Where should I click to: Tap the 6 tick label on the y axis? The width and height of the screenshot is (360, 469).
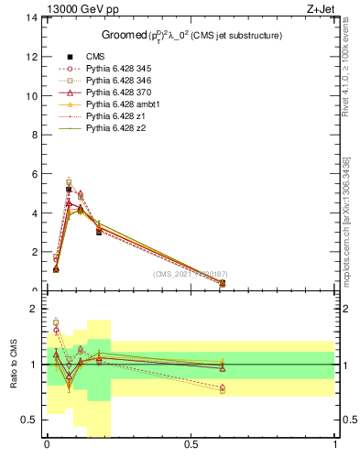[34, 174]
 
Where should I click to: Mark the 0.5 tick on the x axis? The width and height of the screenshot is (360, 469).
[191, 444]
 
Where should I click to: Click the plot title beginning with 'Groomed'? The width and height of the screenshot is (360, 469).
[191, 35]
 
